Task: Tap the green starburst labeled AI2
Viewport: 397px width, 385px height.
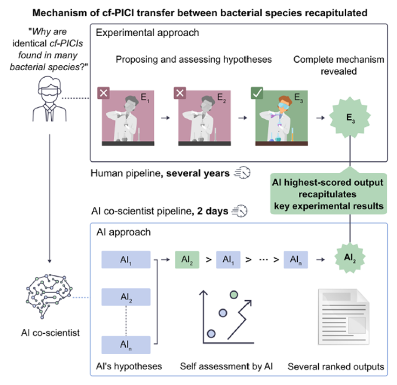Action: [351, 259]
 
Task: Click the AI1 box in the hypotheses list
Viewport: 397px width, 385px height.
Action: [126, 259]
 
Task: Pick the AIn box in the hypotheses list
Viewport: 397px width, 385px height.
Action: [126, 343]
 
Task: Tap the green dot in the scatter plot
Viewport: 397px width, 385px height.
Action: [234, 295]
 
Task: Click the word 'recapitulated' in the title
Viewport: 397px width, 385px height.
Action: [323, 11]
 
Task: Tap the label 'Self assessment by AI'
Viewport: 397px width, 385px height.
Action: [225, 367]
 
